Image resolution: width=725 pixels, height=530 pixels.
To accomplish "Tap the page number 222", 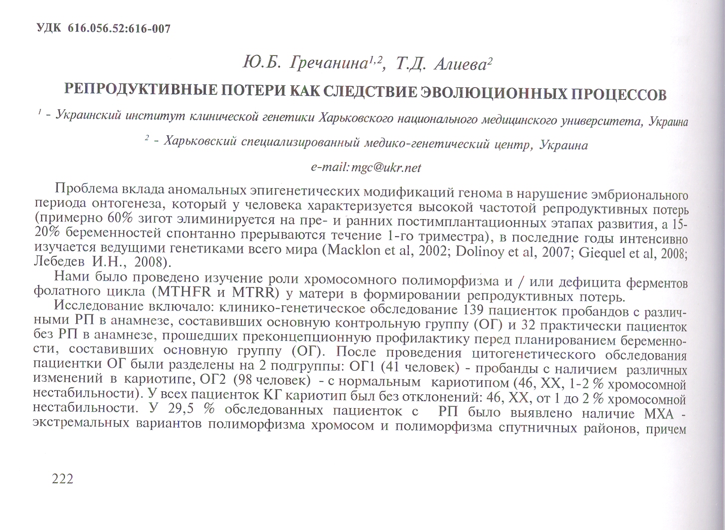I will (x=62, y=479).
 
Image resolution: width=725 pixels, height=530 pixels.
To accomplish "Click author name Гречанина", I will (x=330, y=63).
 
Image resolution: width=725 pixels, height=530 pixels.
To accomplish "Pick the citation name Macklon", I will (x=354, y=250).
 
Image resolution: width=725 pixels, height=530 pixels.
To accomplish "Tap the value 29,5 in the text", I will (x=181, y=410).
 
